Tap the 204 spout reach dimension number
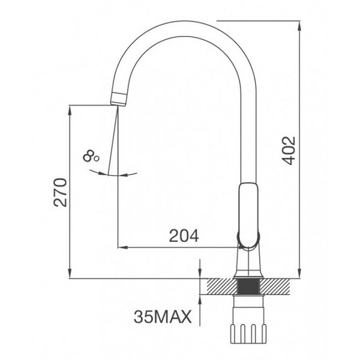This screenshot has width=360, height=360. click(184, 236)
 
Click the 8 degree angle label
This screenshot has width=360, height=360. click(91, 157)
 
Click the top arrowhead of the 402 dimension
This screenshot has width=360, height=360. click(299, 24)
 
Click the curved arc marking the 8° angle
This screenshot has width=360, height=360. click(112, 174)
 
